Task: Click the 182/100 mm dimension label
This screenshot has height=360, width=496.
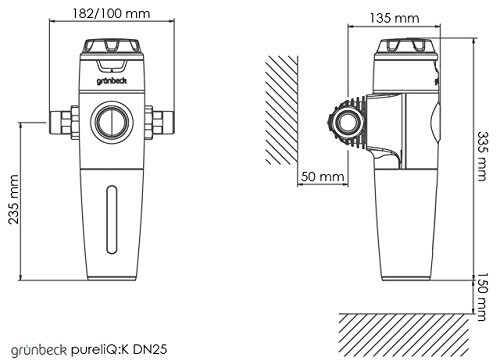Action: click(111, 13)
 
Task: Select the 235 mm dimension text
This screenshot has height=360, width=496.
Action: click(13, 199)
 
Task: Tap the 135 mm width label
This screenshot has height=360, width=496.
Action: click(394, 18)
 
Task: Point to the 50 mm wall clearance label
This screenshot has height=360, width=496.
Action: click(322, 176)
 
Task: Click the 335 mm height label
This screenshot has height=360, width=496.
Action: click(482, 156)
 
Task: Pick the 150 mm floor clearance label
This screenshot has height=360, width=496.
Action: click(482, 297)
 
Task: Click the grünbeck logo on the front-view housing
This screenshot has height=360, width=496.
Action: click(112, 81)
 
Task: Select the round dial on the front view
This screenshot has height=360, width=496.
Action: click(112, 121)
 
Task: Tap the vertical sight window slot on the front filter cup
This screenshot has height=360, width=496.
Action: click(112, 219)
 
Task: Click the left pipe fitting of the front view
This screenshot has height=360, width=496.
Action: click(64, 122)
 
